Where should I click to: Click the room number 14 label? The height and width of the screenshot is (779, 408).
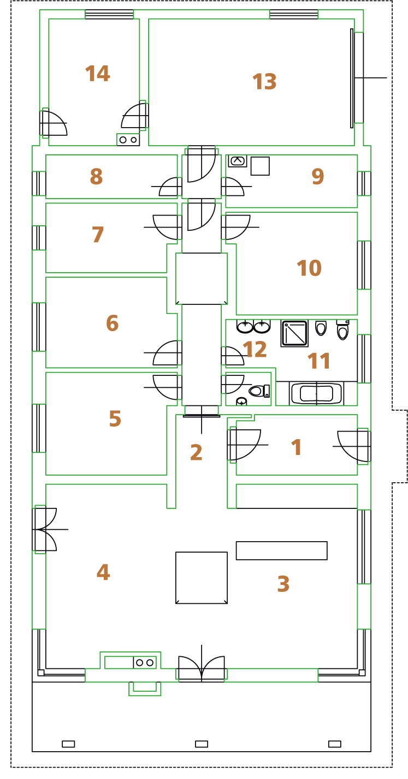97,74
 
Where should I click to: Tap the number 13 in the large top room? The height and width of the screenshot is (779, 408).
264,82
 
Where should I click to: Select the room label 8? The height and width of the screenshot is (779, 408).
97,176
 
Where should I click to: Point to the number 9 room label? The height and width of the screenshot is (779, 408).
318,176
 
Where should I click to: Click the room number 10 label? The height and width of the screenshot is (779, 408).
309,268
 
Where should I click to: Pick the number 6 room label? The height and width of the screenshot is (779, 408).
112,323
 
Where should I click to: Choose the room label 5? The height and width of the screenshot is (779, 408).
115,418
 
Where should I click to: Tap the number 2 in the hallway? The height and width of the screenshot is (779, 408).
196,452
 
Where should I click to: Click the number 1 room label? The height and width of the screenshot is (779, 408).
296,447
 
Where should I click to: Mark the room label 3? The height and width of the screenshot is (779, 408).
283,584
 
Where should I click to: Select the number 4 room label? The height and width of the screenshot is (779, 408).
103,572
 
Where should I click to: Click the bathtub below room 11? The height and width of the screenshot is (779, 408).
316,394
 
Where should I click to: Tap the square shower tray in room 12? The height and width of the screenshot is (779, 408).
294,333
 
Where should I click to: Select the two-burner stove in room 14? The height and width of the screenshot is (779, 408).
128,140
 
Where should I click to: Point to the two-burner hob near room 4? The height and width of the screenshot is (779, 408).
145,662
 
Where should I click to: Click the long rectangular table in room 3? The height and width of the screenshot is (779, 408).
282,550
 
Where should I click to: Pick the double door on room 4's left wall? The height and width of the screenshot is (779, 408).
45,529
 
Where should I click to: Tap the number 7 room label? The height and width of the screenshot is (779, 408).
98,234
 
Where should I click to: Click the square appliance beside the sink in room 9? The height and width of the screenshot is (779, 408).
260,166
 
